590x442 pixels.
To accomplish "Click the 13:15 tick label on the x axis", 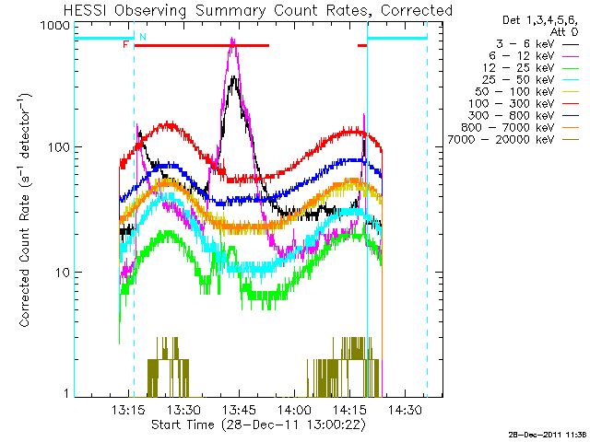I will (128, 410).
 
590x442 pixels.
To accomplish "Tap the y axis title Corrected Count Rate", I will (26, 210).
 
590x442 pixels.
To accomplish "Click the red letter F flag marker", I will (125, 44).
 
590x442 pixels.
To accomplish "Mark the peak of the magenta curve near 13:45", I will (233, 41).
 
